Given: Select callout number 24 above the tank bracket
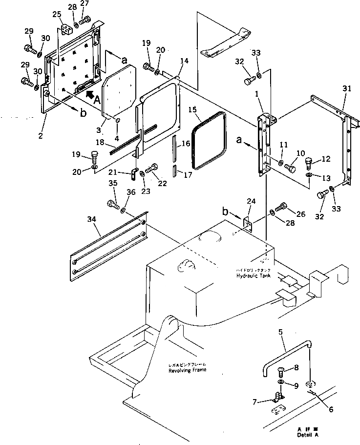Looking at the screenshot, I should pyautogui.click(x=251, y=201).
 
